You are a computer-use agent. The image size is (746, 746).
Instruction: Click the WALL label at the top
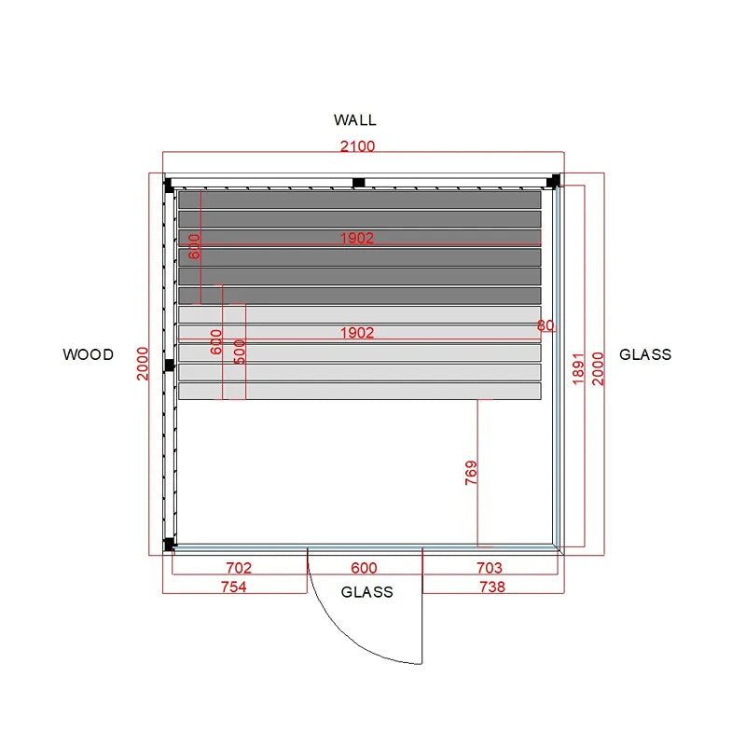click(355, 120)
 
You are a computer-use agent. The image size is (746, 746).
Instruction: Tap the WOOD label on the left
click(88, 354)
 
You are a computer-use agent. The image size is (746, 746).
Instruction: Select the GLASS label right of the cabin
click(645, 354)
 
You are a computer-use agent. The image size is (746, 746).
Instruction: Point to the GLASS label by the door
click(366, 592)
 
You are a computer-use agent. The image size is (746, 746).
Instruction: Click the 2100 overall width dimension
click(357, 146)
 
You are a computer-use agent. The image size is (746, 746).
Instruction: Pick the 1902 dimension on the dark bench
click(357, 238)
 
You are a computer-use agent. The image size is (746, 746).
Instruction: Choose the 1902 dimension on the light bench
click(357, 333)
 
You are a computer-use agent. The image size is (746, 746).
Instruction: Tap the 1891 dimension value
click(577, 368)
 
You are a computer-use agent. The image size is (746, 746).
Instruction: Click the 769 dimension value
click(471, 473)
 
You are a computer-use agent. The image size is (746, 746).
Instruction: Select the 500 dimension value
click(240, 352)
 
